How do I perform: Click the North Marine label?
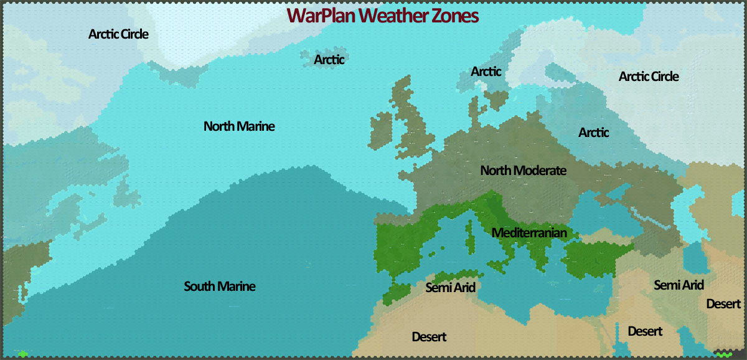tap(239, 126)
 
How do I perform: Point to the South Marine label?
tap(220, 287)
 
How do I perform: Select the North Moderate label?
tap(523, 170)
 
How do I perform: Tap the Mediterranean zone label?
tap(529, 233)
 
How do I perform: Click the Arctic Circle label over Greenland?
tap(118, 34)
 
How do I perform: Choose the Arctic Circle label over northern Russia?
tap(649, 77)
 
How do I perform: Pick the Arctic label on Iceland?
tap(329, 60)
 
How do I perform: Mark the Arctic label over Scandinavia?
tap(486, 72)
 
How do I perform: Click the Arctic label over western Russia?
tap(594, 133)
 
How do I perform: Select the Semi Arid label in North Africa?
tap(451, 287)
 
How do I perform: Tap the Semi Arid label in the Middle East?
tap(679, 285)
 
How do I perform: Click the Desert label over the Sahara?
tap(429, 337)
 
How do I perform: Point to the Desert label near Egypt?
tap(645, 331)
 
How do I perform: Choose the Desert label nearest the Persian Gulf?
tap(724, 304)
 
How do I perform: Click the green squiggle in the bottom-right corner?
tap(723, 354)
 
